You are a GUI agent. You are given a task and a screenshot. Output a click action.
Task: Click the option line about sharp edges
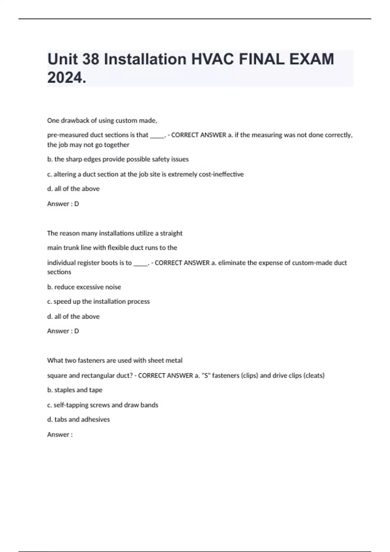tap(118, 159)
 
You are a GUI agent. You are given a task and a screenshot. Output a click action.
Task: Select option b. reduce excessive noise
tap(84, 287)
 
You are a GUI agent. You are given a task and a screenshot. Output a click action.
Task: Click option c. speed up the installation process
tap(98, 301)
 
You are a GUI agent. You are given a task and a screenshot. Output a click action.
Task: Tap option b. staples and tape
tap(75, 390)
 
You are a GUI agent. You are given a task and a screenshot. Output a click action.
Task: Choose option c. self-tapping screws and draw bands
tap(102, 405)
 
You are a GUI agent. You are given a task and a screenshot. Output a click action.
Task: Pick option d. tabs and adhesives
tap(78, 419)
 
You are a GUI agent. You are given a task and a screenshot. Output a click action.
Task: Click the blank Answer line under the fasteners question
tap(60, 434)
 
